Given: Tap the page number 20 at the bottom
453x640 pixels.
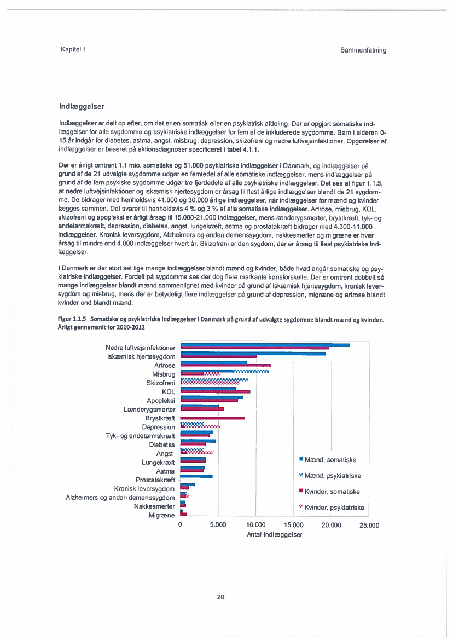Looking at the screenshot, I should pos(220,597).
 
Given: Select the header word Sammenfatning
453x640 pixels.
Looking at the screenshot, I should pos(363,50).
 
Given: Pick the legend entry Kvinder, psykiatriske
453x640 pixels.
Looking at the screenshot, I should pos(334,508).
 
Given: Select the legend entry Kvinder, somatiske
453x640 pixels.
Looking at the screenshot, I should pos(332,492).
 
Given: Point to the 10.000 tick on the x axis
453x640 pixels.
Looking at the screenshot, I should pos(255,525).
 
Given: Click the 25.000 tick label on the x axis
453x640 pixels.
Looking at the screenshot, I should pos(369,525).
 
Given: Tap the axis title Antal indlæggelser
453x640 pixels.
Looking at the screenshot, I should pos(274,534).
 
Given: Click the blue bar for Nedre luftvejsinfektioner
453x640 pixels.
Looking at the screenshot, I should pos(265,345).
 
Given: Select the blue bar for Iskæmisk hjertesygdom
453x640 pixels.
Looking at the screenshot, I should pos(253,354).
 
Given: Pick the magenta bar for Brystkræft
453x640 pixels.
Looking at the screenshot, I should pos(212,418).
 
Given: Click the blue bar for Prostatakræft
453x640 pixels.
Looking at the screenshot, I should pos(196,476).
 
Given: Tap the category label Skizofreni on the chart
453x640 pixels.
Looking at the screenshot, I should pos(161,383).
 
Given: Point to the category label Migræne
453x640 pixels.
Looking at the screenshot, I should pos(162,516).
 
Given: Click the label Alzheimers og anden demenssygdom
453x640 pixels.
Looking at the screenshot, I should pos(120,498).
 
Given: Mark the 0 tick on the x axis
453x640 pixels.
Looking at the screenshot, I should pos(181,525).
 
